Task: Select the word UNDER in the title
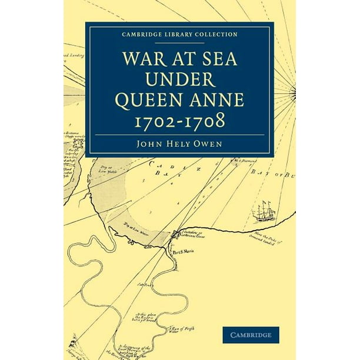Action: coord(180,80)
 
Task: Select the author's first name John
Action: coord(147,143)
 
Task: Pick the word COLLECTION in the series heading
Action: coord(212,35)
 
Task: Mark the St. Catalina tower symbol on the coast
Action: coord(175,234)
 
